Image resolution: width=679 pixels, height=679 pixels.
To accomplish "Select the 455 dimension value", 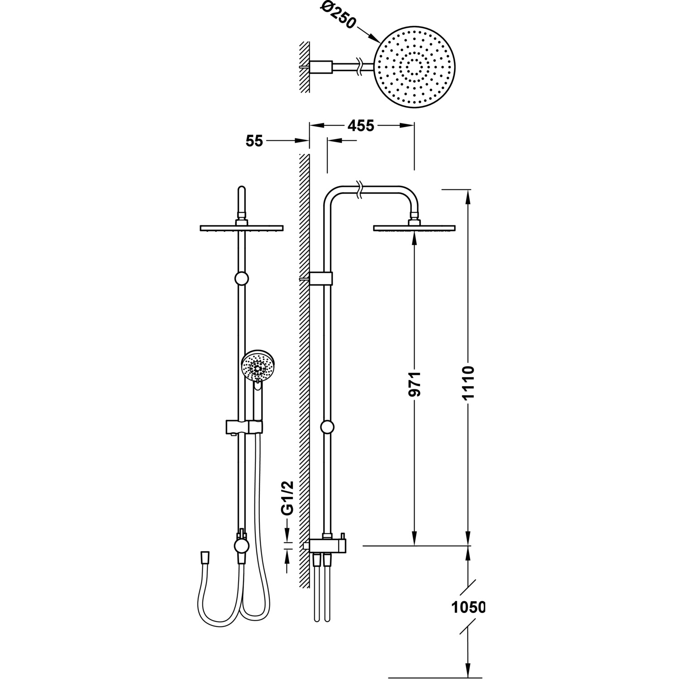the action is pyautogui.click(x=361, y=125).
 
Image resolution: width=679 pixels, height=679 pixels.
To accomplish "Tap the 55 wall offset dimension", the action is pyautogui.click(x=254, y=141).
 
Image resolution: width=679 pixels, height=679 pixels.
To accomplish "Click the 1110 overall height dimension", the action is pyautogui.click(x=469, y=383).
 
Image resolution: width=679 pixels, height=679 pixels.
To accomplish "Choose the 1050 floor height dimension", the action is pyautogui.click(x=468, y=607).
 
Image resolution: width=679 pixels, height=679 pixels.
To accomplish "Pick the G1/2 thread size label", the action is pyautogui.click(x=288, y=498).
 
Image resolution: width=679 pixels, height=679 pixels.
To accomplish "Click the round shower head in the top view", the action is pyautogui.click(x=415, y=68).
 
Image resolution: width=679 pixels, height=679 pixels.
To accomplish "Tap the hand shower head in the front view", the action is pyautogui.click(x=258, y=368).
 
